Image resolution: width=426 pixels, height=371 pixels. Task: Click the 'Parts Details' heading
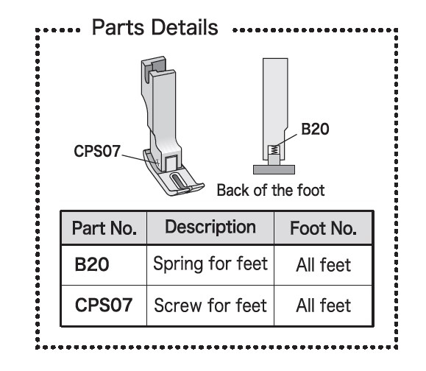pos(155,27)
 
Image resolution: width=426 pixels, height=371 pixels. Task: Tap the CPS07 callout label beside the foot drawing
pos(97,151)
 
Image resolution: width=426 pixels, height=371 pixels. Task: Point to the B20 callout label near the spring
pos(315,129)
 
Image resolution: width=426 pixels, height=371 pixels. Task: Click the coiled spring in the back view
pos(274,149)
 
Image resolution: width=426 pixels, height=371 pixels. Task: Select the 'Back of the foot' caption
pos(271,190)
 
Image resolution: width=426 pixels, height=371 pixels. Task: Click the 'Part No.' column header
pos(104,228)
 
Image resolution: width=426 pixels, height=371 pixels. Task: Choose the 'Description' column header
pos(210,227)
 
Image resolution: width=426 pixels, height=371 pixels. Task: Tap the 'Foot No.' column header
pos(323,228)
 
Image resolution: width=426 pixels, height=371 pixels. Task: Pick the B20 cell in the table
pos(92,264)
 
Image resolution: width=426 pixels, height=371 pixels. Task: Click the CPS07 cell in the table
pos(104,305)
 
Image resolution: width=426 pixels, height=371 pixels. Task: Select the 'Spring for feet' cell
pos(210,264)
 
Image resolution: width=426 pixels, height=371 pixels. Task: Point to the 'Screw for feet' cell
pos(210,305)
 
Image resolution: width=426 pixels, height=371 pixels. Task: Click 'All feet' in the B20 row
pos(323,265)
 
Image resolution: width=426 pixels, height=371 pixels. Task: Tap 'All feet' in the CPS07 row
pos(323,305)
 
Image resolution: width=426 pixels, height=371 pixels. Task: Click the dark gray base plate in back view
pos(274,169)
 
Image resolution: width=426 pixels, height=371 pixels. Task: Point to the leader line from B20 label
pos(286,141)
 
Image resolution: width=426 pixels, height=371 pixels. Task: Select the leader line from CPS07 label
pos(139,159)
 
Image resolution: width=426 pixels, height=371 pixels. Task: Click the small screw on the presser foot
pos(157,163)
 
